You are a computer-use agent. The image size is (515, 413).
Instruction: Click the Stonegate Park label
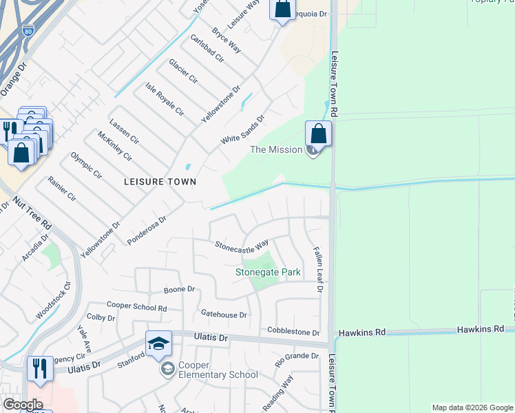pos(268,272)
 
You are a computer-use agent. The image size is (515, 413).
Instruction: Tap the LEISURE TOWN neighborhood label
pos(160,182)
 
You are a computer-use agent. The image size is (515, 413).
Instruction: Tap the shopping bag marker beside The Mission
pos(318,133)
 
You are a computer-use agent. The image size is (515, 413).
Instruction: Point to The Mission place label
pos(275,149)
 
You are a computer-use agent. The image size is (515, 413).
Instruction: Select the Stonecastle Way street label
pos(241,245)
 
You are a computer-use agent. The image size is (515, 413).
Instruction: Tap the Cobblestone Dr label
pos(294,332)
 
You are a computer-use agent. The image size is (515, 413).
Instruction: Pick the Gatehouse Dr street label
pos(224,315)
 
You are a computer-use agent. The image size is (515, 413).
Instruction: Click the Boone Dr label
pos(179,290)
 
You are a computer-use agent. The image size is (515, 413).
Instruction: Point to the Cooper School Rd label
pos(136,306)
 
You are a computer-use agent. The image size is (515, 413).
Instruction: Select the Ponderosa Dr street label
pos(147,231)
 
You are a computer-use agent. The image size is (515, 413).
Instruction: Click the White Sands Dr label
pos(242,129)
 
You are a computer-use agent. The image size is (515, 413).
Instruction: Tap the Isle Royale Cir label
pos(165,99)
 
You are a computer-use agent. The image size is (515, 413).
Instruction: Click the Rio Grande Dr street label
pos(297,357)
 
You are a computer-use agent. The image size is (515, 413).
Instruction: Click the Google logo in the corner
pos(22,405)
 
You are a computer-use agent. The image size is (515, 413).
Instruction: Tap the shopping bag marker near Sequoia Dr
pos(282,9)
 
